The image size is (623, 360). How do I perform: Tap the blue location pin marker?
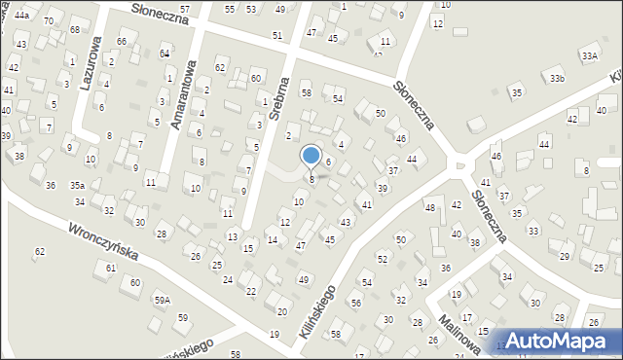click(x=311, y=157)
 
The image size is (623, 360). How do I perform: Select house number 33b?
click(x=556, y=78)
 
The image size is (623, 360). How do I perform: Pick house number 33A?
click(x=589, y=56)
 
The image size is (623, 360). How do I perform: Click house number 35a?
click(x=76, y=185)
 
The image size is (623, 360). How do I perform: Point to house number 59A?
click(x=162, y=301)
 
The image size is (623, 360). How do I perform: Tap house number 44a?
click(x=21, y=17)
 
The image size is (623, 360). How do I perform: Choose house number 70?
click(x=48, y=20)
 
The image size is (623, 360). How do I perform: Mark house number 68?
click(x=75, y=30)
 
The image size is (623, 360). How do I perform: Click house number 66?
click(x=122, y=41)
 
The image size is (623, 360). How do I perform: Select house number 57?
click(x=185, y=8)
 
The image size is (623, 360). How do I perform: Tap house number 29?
click(x=565, y=256)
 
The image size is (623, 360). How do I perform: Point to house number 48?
click(x=429, y=207)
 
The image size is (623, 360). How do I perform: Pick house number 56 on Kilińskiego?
click(x=355, y=303)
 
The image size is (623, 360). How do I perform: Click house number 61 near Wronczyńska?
click(x=111, y=268)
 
